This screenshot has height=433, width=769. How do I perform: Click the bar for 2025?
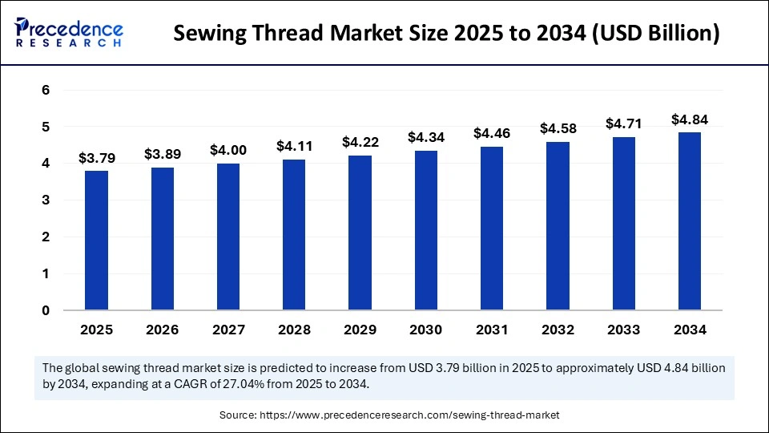pyautogui.click(x=96, y=240)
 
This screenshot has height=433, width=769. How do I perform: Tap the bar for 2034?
pyautogui.click(x=690, y=221)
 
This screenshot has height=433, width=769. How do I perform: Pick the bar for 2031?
pyautogui.click(x=492, y=228)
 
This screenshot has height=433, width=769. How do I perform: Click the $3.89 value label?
pyautogui.click(x=163, y=153)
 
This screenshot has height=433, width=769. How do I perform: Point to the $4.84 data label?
pyautogui.click(x=690, y=119)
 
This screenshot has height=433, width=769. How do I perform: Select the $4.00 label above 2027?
pyautogui.click(x=228, y=150)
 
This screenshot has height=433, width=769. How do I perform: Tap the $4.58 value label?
pyautogui.click(x=558, y=128)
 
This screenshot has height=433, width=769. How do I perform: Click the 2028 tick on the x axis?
pyautogui.click(x=294, y=330)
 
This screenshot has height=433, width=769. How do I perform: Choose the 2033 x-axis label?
pyautogui.click(x=624, y=330)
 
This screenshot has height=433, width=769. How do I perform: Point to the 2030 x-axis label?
pyautogui.click(x=426, y=330)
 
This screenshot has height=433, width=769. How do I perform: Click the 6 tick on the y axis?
pyautogui.click(x=46, y=91)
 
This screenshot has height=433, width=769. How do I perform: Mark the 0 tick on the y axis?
pyautogui.click(x=46, y=310)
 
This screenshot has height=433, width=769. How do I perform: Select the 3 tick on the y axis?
pyautogui.click(x=46, y=200)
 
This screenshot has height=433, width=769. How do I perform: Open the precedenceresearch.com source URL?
pyautogui.click(x=409, y=415)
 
